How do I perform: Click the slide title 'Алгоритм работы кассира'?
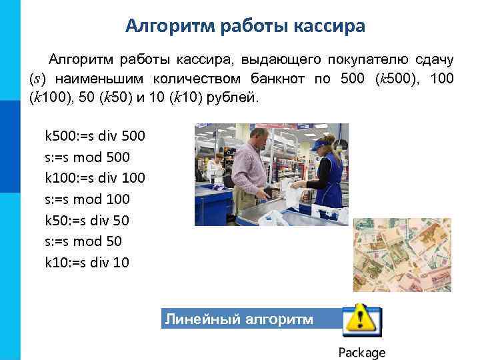(245, 26)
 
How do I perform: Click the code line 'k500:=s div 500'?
(95, 136)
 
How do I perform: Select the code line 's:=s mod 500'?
(87, 157)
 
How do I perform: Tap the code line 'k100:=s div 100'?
(95, 178)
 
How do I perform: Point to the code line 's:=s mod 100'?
(87, 199)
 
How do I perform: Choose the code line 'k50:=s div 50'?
(87, 220)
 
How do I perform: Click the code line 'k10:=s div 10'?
(87, 262)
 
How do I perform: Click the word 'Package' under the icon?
(362, 353)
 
